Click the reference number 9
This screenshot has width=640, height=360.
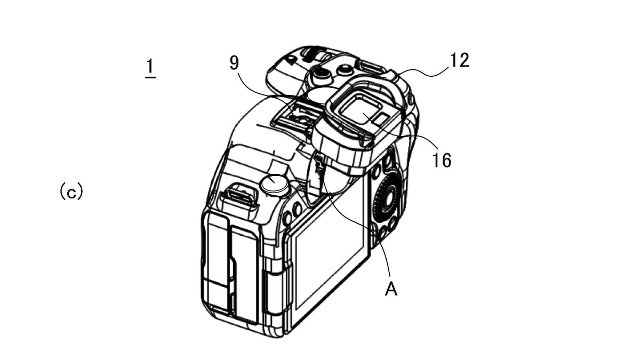pyautogui.click(x=234, y=63)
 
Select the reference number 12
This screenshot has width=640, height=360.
pyautogui.click(x=459, y=60)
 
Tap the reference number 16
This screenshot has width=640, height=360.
pyautogui.click(x=442, y=160)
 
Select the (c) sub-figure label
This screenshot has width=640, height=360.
pyautogui.click(x=71, y=191)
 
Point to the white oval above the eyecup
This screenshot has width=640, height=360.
pyautogui.click(x=322, y=95)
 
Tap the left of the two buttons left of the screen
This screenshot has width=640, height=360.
pyautogui.click(x=287, y=218)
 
